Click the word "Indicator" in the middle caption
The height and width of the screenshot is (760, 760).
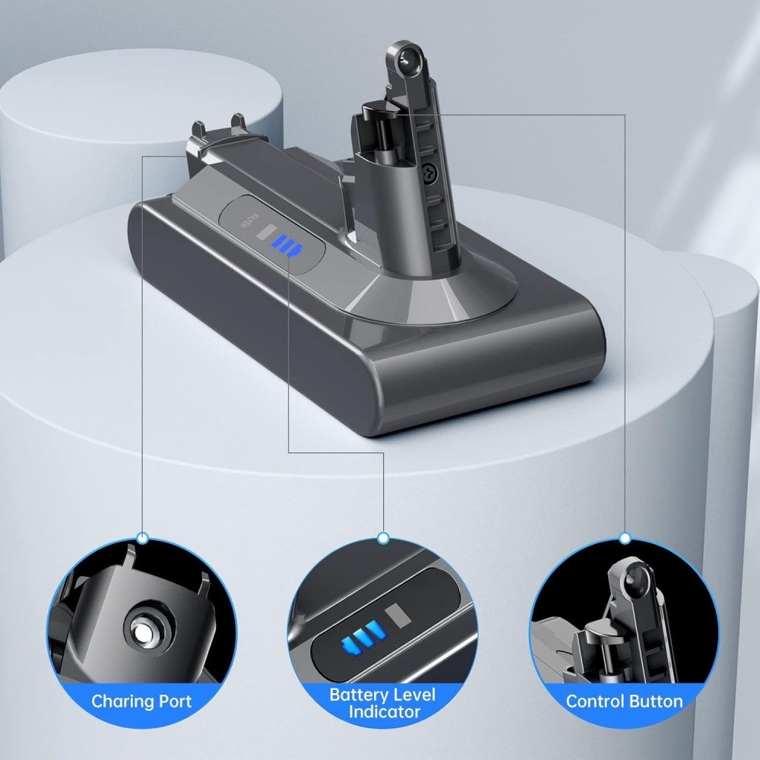pyautogui.click(x=384, y=712)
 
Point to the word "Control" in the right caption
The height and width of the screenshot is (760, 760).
pyautogui.click(x=595, y=701)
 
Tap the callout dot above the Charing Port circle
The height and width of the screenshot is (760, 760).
pyautogui.click(x=143, y=537)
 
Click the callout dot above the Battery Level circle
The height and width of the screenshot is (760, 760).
pyautogui.click(x=383, y=537)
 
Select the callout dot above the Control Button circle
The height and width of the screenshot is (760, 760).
pyautogui.click(x=625, y=537)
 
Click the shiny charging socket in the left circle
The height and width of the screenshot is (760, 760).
pyautogui.click(x=144, y=630)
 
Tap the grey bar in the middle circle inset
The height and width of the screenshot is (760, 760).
pyautogui.click(x=398, y=616)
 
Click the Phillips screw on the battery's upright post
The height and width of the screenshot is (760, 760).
pyautogui.click(x=429, y=170)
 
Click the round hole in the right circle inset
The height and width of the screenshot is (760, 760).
pyautogui.click(x=633, y=581)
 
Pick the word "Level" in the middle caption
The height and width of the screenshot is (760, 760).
pyautogui.click(x=413, y=694)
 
